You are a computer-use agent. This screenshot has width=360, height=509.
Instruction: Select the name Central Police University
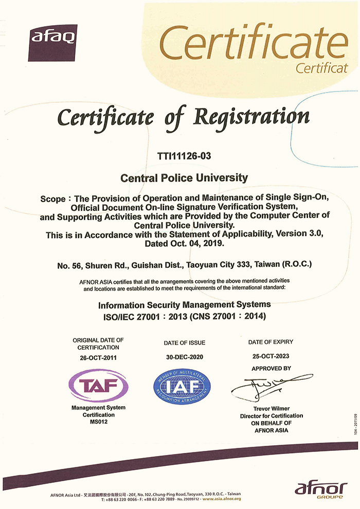click(184, 178)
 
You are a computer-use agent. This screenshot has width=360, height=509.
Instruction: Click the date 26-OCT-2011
click(98, 358)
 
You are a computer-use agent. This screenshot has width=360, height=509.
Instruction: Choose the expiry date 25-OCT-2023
click(271, 356)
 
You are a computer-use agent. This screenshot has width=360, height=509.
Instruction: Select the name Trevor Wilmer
click(271, 409)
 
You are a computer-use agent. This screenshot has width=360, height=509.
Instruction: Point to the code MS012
click(98, 422)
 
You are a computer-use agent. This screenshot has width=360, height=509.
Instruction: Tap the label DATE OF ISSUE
click(184, 343)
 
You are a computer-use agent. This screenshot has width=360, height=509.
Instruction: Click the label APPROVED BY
click(271, 369)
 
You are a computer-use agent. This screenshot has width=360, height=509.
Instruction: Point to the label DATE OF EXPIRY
click(271, 342)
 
